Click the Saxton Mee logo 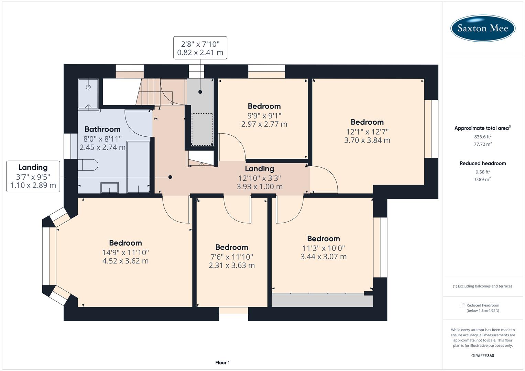(483, 28)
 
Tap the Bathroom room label (102, 129)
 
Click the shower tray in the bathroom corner (88, 93)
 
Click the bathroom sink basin (109, 188)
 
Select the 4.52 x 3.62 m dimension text (125, 261)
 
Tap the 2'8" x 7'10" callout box (200, 48)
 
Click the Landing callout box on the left (33, 177)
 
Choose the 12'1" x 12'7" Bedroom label (367, 122)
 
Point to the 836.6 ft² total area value (483, 136)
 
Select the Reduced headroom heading (483, 163)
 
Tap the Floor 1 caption (222, 362)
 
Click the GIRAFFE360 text (483, 356)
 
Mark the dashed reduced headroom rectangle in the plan (202, 129)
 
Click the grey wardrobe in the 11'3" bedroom (322, 301)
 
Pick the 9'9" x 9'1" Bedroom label (264, 106)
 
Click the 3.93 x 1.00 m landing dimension (260, 187)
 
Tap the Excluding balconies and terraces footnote (483, 286)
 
